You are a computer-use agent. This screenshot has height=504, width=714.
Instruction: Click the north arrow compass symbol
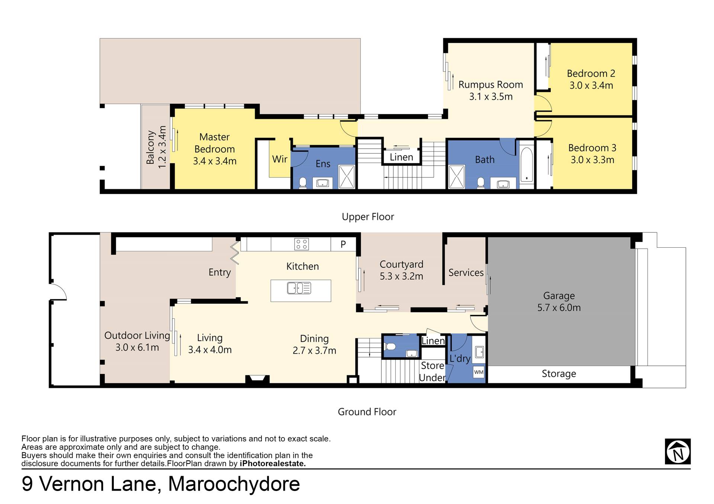(x=678, y=451)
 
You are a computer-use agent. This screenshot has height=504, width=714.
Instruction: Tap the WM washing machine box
(x=479, y=372)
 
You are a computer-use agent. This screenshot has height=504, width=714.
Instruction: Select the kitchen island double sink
(x=299, y=288)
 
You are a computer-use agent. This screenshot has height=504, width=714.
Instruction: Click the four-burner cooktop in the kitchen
(x=301, y=244)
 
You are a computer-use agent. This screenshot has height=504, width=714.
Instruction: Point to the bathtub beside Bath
(x=526, y=165)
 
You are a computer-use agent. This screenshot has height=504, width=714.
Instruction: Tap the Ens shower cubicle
(x=347, y=177)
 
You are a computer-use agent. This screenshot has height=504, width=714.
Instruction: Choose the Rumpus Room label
(x=491, y=85)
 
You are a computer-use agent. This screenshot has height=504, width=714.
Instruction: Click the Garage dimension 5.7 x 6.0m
(x=559, y=308)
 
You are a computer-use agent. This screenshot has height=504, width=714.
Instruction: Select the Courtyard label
(x=401, y=264)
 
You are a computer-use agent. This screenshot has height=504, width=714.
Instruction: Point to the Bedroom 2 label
(x=591, y=74)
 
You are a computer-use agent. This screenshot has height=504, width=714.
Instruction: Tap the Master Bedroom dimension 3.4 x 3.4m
(x=215, y=161)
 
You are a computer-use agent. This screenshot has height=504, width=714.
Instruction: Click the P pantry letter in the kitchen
(x=343, y=244)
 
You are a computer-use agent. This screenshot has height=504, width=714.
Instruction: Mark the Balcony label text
(x=150, y=147)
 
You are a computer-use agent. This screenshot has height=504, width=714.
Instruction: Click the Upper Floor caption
(x=368, y=217)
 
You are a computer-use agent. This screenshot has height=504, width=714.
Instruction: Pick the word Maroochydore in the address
(x=234, y=484)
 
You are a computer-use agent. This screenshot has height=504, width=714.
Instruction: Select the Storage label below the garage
(x=559, y=374)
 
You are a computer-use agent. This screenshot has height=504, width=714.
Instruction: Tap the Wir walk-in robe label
(x=280, y=159)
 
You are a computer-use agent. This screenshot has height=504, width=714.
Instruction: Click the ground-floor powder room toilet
(x=390, y=347)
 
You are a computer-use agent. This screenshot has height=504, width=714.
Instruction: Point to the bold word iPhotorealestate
(x=273, y=464)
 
